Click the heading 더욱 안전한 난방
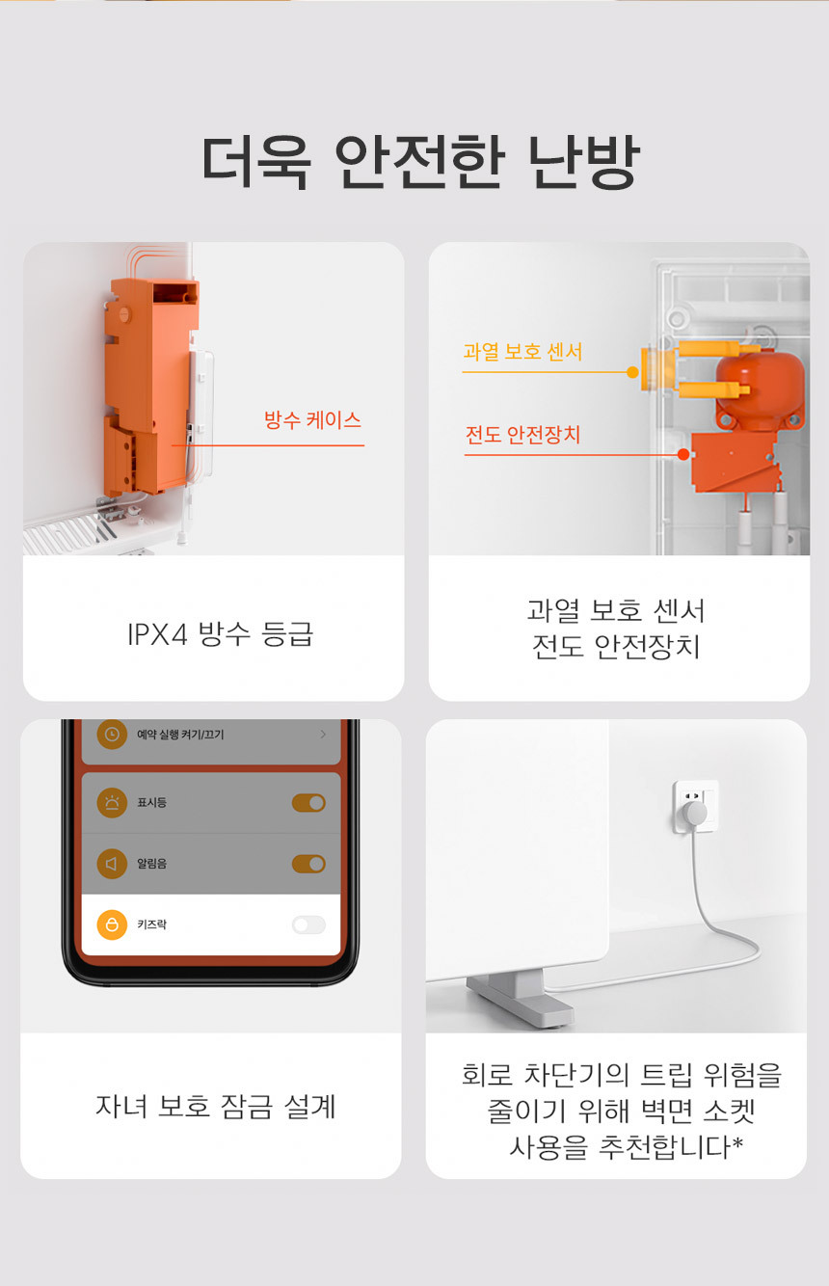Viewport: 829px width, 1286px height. point(420,163)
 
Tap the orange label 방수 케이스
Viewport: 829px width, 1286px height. point(312,420)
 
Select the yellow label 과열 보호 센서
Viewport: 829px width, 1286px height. point(522,351)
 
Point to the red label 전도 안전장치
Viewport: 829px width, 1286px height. point(522,435)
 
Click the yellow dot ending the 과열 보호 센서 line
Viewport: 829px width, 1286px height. point(632,373)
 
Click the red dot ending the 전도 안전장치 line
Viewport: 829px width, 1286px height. point(683,455)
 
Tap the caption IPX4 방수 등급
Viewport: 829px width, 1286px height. point(221,634)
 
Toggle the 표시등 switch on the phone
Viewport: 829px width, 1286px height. point(308,803)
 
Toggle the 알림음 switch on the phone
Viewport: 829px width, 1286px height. point(308,864)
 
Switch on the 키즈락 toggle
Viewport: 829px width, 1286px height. point(308,924)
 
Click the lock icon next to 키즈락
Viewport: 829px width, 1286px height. point(112,924)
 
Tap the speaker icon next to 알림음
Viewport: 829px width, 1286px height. point(112,864)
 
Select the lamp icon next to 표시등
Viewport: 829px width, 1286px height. point(112,803)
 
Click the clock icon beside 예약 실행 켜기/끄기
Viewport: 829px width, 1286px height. point(112,735)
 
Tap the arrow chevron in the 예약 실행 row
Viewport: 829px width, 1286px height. point(323,735)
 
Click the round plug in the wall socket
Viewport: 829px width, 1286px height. point(694,813)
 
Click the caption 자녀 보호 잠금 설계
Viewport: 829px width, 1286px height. point(215,1107)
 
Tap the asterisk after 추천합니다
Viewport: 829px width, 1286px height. point(737,1143)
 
